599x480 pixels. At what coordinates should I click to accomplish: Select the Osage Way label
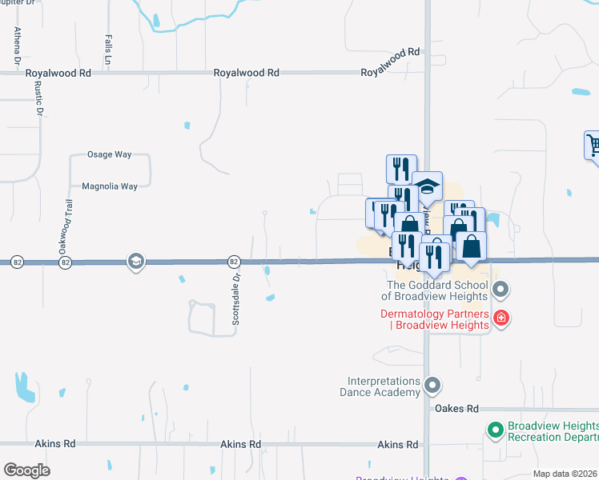pyautogui.click(x=108, y=154)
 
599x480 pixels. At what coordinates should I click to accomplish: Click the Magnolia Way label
pyautogui.click(x=110, y=186)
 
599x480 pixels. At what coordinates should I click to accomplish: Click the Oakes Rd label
pyautogui.click(x=456, y=408)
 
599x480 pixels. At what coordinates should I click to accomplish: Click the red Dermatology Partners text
pyautogui.click(x=434, y=319)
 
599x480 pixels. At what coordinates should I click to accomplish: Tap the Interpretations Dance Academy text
pyautogui.click(x=384, y=386)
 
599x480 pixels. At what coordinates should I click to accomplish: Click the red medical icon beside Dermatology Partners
pyautogui.click(x=501, y=318)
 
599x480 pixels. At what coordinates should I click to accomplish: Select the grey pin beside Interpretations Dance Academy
pyautogui.click(x=432, y=386)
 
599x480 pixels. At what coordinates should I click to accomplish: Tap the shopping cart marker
pyautogui.click(x=593, y=146)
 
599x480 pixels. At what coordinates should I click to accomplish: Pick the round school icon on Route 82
pyautogui.click(x=135, y=261)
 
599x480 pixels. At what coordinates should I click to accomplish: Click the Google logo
pyautogui.click(x=26, y=470)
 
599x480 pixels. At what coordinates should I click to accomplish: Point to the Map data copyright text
pyautogui.click(x=565, y=474)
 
